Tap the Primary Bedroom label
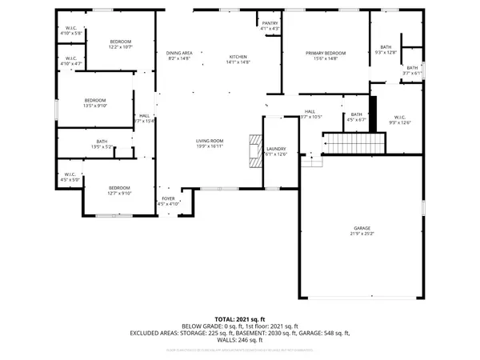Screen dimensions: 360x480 (322, 54)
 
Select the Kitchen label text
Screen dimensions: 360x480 (239, 58)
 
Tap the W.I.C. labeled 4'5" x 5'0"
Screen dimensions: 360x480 (69, 177)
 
